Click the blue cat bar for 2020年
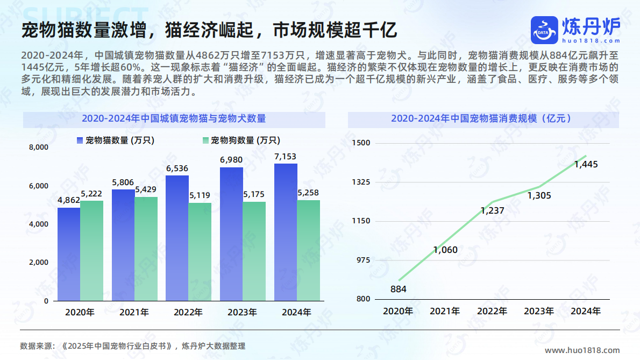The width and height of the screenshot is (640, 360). [x=69, y=254]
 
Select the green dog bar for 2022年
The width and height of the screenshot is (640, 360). [x=200, y=251]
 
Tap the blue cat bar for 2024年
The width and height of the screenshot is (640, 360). [x=286, y=232]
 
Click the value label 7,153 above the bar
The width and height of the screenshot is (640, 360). [x=285, y=157]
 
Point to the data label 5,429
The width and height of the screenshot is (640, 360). [x=146, y=189]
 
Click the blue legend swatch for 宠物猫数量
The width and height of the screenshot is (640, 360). [x=80, y=140]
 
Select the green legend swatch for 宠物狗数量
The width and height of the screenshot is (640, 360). [x=205, y=140]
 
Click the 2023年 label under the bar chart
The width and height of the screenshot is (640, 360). [x=243, y=312]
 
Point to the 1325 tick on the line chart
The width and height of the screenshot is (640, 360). [x=361, y=182]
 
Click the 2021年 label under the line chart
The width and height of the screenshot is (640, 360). [x=445, y=311]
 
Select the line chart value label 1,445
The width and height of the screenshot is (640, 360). [x=586, y=165]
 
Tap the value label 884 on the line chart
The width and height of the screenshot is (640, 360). [x=399, y=290]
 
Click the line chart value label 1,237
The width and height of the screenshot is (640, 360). [x=492, y=210]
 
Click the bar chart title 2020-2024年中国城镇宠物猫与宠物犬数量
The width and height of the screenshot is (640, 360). [x=174, y=119]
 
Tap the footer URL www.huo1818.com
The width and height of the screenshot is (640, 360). [x=582, y=350]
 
